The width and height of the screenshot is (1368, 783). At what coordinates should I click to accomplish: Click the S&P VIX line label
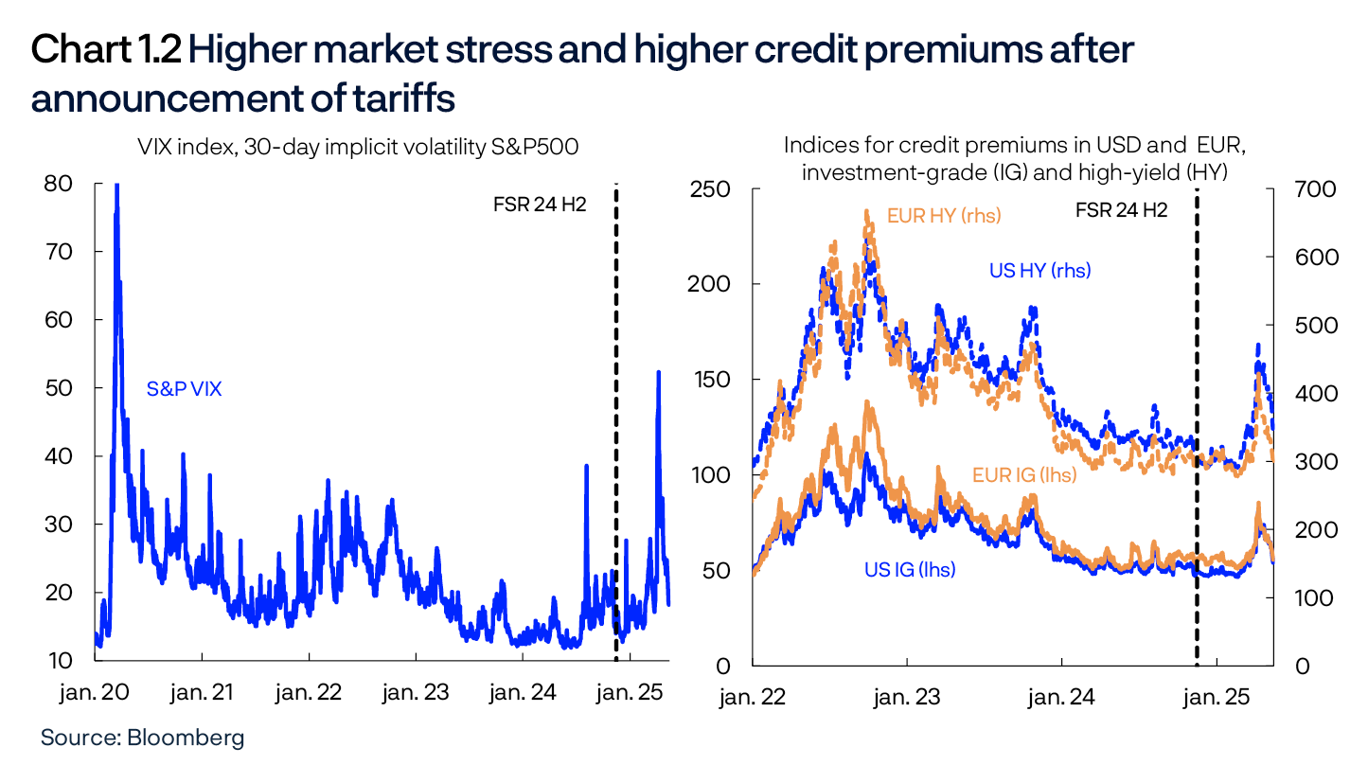pyautogui.click(x=184, y=388)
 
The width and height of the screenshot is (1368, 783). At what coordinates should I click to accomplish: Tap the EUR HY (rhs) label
pyautogui.click(x=944, y=216)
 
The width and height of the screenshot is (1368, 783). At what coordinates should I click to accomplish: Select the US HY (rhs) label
pyautogui.click(x=1039, y=271)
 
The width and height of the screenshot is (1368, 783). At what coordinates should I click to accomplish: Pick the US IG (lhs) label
pyautogui.click(x=909, y=570)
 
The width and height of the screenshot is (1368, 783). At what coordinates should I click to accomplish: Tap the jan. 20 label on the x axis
pyautogui.click(x=95, y=693)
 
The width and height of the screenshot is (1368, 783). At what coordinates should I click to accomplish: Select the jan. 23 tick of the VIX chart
pyautogui.click(x=415, y=693)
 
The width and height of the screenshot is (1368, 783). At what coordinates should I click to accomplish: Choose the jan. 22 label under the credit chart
pyautogui.click(x=752, y=699)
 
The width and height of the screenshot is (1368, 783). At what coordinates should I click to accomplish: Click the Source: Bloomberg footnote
pyautogui.click(x=142, y=738)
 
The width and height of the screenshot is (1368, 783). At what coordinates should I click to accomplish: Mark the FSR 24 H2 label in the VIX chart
pyautogui.click(x=540, y=204)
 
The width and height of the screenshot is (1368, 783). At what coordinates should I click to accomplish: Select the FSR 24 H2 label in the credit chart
pyautogui.click(x=1121, y=210)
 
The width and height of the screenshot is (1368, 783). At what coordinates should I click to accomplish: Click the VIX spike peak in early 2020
pyautogui.click(x=116, y=187)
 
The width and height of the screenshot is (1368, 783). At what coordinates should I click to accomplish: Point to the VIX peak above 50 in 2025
pyautogui.click(x=658, y=372)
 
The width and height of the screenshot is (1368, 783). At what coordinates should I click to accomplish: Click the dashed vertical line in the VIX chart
pyautogui.click(x=615, y=426)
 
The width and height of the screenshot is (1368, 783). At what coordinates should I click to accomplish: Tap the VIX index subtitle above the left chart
pyautogui.click(x=358, y=147)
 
